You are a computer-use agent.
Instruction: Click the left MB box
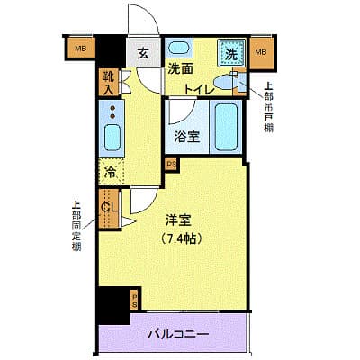(x=81, y=49)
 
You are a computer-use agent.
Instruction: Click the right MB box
(x=261, y=52)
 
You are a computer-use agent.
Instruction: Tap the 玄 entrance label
(x=143, y=53)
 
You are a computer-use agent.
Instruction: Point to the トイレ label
(x=199, y=88)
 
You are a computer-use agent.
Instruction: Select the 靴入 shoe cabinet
(x=107, y=83)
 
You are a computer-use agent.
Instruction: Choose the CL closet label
(x=109, y=210)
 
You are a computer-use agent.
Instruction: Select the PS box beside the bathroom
(x=169, y=165)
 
